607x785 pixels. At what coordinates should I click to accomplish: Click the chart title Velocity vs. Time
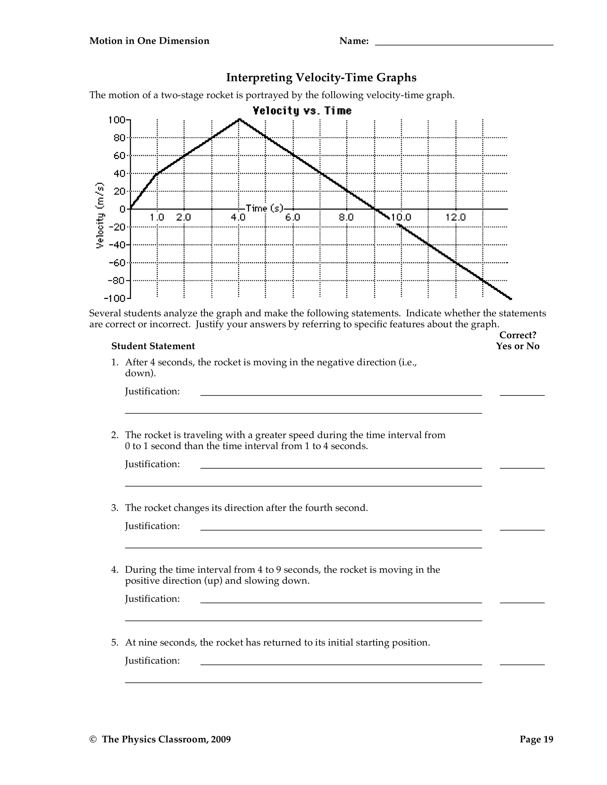[x=302, y=111]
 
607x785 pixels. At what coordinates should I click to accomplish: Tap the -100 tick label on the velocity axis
[x=114, y=299]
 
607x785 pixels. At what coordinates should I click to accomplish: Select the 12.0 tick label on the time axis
[x=456, y=217]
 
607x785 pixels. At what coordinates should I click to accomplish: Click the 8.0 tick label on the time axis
[x=346, y=217]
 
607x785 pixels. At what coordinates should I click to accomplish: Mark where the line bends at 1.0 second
[x=157, y=173]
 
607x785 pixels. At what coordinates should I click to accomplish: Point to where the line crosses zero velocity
[x=375, y=209]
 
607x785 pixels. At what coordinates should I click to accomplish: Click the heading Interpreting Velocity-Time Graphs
[x=321, y=78]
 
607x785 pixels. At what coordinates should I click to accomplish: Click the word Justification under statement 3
[x=152, y=526]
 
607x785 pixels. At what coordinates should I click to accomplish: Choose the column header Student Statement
[x=153, y=346]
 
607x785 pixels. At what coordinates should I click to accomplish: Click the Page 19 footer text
[x=536, y=739]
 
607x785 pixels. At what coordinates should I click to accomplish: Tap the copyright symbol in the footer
[x=93, y=739]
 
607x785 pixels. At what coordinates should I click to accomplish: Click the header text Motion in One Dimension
[x=149, y=41]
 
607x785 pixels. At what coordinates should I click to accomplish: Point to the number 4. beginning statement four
[x=115, y=570]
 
